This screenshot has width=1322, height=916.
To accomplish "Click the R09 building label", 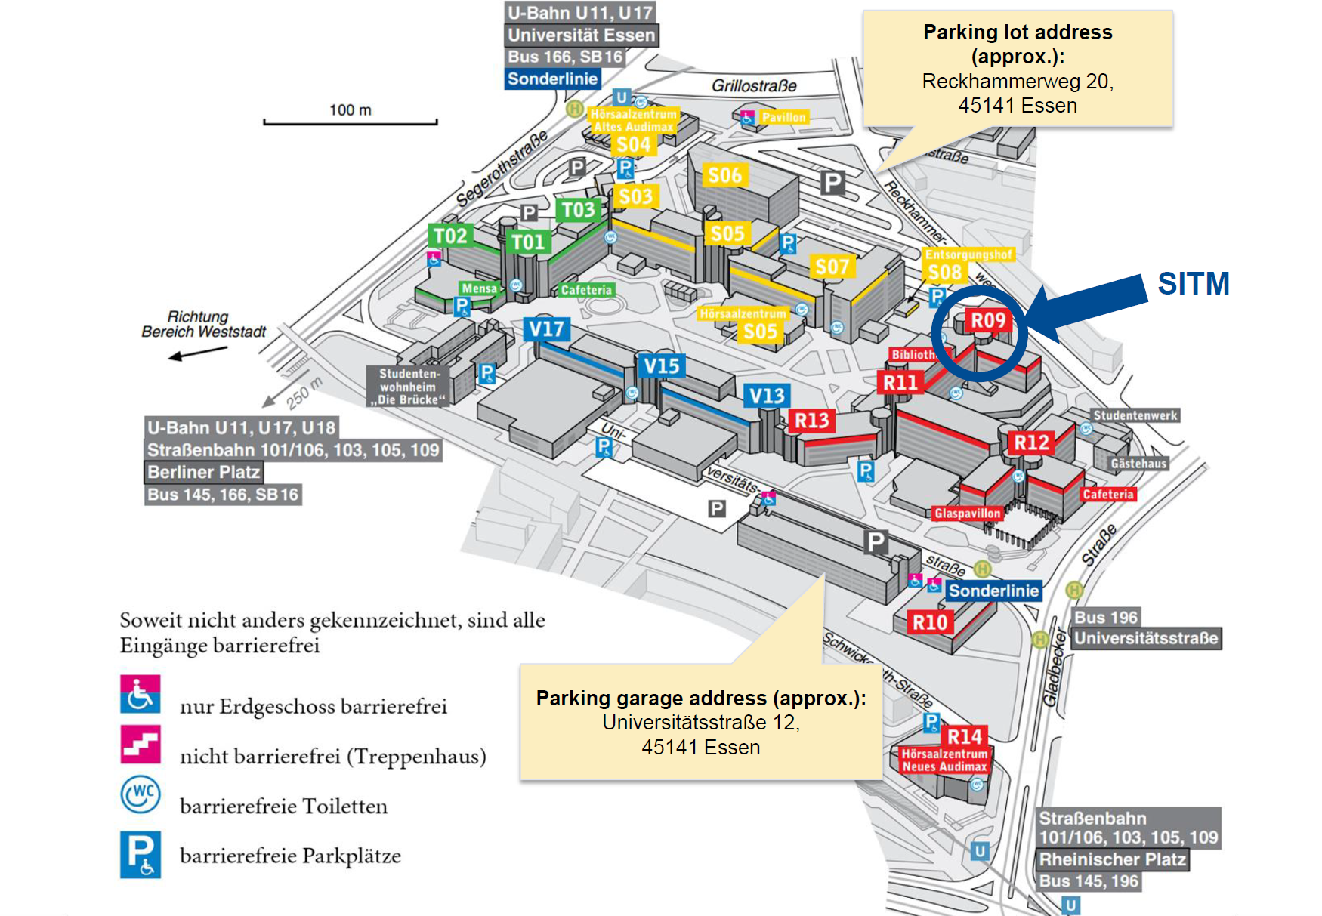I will (987, 320).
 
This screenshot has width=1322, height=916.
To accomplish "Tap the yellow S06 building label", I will (724, 175).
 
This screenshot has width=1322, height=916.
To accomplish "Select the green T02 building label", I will (450, 236).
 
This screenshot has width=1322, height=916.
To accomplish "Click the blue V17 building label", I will (546, 329).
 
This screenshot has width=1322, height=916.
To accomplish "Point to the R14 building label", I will (965, 736).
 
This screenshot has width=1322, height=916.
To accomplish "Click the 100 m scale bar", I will (351, 121).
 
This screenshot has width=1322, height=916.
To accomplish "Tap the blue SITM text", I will (1194, 284).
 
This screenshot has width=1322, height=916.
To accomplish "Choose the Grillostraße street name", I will (754, 86).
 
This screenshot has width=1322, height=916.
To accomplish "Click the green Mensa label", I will (480, 288).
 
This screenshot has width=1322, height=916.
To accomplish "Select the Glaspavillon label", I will (968, 514).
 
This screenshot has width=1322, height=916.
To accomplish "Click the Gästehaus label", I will (1138, 464).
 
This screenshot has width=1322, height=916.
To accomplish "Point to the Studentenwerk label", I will (1135, 415).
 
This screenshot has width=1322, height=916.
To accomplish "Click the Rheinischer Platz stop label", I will (1112, 859).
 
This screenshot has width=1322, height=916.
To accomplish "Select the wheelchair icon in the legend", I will (141, 694).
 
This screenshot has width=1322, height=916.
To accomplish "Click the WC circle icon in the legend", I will (141, 794).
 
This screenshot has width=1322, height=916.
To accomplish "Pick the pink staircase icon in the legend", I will (141, 745).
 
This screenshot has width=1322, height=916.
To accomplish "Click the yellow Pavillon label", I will (783, 117).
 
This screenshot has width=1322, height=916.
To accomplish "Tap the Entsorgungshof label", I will (968, 254).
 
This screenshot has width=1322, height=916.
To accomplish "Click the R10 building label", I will (930, 622).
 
